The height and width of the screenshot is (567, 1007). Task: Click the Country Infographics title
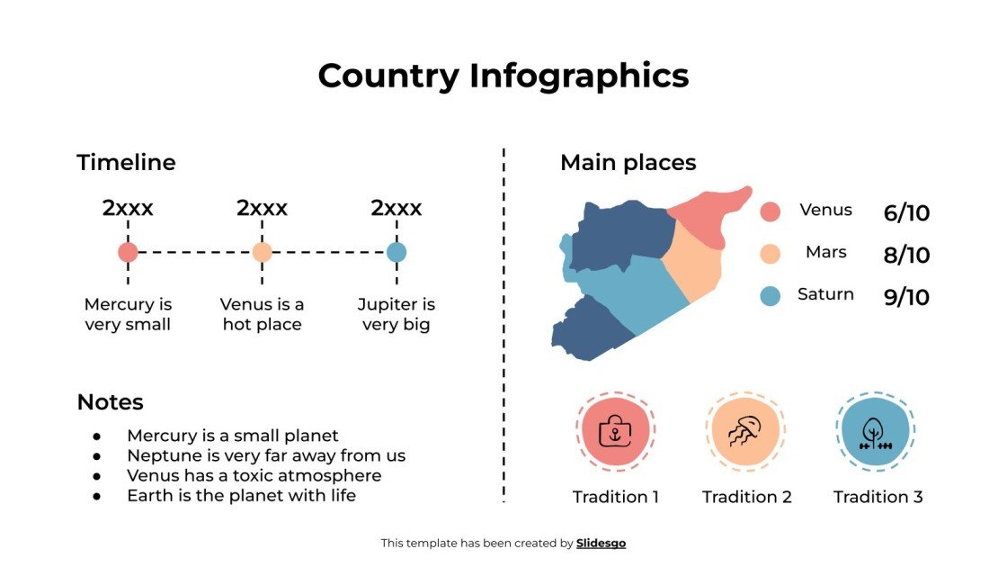pos(503,76)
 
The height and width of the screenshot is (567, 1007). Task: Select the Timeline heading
pos(126,163)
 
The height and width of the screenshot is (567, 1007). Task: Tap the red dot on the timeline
pos(128,252)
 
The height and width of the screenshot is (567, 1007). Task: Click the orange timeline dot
pos(262,252)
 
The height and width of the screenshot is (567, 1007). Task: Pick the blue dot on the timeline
pos(397,252)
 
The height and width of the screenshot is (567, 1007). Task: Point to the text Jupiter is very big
pos(397,314)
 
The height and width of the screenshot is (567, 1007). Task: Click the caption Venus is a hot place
pos(262,314)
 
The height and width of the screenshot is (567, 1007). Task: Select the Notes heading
pos(110,402)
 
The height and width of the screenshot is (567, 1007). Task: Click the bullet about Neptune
pos(266,455)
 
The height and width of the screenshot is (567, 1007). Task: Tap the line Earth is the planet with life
pos(241,495)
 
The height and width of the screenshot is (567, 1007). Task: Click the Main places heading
pos(628,163)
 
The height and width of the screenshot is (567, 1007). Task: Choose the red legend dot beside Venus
pos(770,211)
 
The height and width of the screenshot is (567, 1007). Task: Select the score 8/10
pos(906,256)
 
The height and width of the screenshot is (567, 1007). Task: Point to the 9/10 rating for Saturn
pos(906,297)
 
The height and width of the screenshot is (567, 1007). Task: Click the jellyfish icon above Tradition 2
pos(746,431)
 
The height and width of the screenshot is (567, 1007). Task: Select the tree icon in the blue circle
pos(875,431)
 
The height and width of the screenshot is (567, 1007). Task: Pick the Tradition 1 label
pos(616,497)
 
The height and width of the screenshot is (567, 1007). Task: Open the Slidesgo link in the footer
pos(601,543)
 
